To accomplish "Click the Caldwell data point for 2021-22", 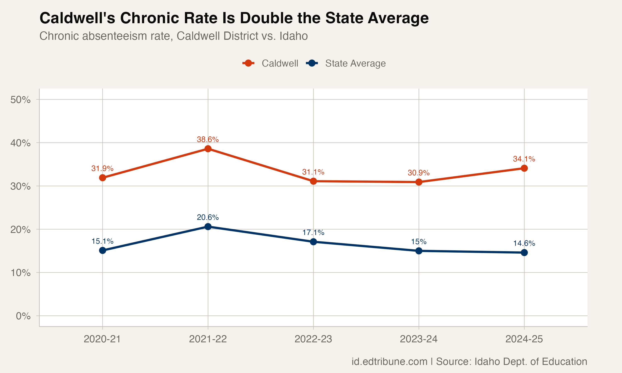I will click(x=208, y=149).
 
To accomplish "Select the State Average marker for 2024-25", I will click(x=524, y=252).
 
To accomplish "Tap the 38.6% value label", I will click(x=208, y=139).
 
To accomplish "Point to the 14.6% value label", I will click(x=524, y=243).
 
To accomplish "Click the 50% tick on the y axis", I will click(x=21, y=100).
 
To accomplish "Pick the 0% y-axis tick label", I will click(x=23, y=316).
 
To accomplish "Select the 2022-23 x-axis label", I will click(x=313, y=339).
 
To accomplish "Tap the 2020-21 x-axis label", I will click(x=102, y=339).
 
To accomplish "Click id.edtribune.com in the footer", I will click(x=389, y=361).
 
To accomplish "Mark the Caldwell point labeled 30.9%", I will click(x=419, y=182).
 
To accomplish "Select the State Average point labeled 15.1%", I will click(x=102, y=250).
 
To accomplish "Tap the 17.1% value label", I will click(x=313, y=233).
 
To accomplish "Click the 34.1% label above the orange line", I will click(x=524, y=159).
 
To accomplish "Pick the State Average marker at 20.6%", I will click(x=208, y=227).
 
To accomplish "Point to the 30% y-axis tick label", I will click(x=21, y=186).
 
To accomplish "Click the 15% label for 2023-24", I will click(x=419, y=242).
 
